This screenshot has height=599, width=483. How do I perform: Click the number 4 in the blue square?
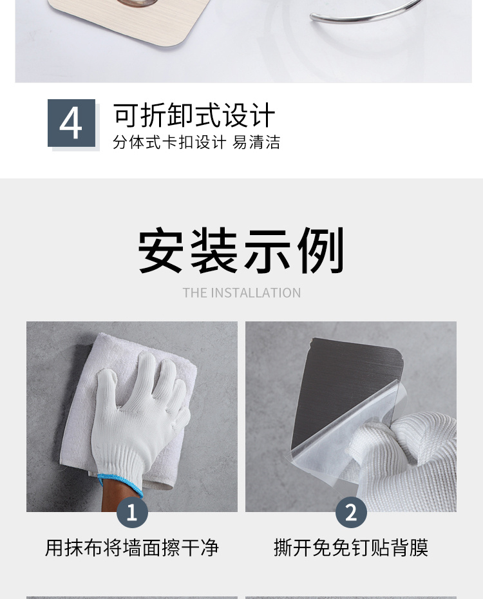[71, 123]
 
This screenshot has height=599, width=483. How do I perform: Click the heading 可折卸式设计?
[194, 115]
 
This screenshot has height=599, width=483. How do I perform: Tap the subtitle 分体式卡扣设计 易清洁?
[196, 142]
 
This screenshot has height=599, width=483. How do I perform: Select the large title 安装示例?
[241, 251]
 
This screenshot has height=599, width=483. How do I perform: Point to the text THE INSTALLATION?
[241, 293]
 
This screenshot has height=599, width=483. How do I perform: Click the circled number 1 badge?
[132, 512]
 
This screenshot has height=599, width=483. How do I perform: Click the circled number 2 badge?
[351, 512]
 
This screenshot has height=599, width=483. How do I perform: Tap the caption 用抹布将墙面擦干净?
[132, 547]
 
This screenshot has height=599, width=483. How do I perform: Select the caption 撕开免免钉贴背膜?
[351, 547]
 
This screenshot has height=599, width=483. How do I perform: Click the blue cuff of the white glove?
[120, 484]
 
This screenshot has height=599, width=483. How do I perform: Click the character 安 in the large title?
[161, 251]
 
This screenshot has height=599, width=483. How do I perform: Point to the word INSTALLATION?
[256, 293]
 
